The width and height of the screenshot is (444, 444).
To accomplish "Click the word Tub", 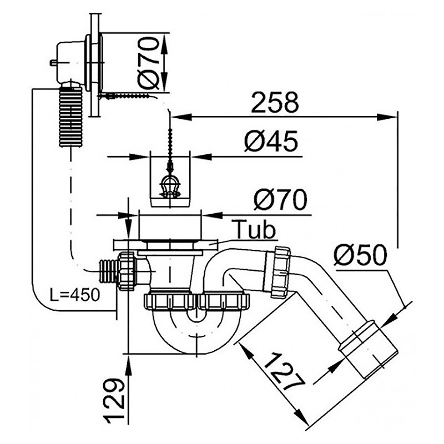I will click(254, 229).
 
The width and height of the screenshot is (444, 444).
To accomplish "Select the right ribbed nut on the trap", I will click(225, 301).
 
